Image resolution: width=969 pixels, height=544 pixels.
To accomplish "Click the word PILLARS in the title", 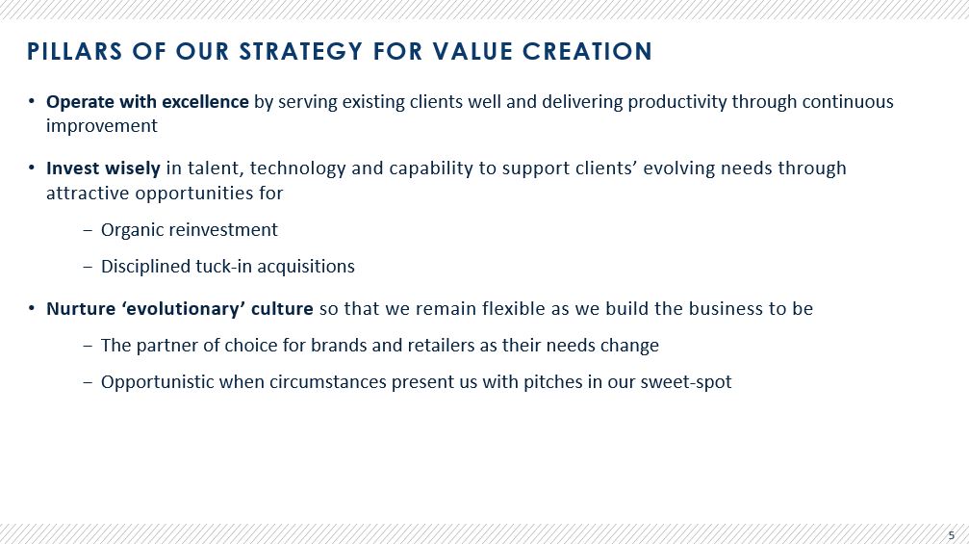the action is point(75,51).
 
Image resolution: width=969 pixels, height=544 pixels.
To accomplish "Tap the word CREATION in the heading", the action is point(587,51).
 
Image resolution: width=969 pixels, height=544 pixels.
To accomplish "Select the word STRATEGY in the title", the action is point(300,51).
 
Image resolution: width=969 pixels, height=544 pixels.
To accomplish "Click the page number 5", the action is point(951,536).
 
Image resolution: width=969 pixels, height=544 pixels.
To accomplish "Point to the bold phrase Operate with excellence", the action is point(147,101).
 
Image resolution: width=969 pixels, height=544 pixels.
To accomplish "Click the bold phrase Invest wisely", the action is point(103,168).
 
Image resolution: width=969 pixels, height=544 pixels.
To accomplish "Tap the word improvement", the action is point(102,126).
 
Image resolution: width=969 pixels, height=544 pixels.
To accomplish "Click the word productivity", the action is point(677,102).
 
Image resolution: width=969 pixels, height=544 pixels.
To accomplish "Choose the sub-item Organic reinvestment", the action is point(190,230).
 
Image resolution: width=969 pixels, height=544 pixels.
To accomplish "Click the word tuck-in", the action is point(223,267).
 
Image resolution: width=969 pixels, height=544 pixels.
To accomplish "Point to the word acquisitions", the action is point(306,267).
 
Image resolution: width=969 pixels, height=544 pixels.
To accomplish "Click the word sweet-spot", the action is point(686,382).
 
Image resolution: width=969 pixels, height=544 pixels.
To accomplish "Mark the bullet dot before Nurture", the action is point(32,308).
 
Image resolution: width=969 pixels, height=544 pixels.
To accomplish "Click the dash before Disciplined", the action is point(88,267).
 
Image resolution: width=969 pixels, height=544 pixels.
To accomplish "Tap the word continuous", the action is point(848,101).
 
